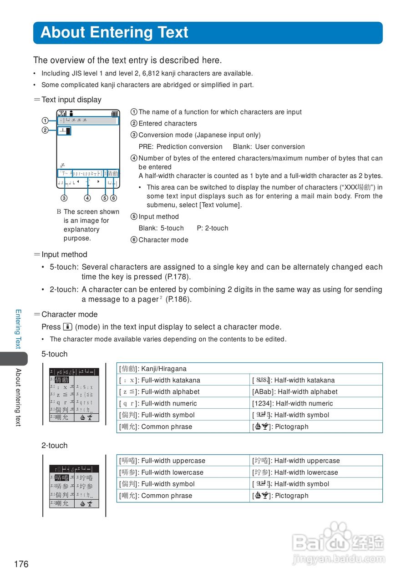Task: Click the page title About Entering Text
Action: [x=114, y=33]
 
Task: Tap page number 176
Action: [x=21, y=564]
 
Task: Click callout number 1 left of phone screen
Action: [x=45, y=120]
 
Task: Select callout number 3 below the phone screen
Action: [x=64, y=198]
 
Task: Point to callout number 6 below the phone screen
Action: [x=114, y=198]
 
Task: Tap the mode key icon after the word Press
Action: [x=68, y=327]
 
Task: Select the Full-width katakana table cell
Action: [x=183, y=380]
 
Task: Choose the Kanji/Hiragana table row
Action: [x=249, y=369]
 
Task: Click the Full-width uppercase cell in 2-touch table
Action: [x=183, y=461]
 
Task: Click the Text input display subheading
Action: [x=71, y=100]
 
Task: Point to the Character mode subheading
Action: [x=69, y=314]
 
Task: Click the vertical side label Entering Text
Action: [x=18, y=329]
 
